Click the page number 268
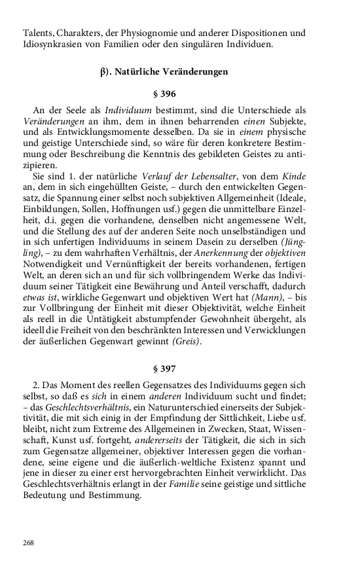tap(28, 542)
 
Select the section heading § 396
tap(164, 94)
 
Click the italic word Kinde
tap(294, 175)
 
